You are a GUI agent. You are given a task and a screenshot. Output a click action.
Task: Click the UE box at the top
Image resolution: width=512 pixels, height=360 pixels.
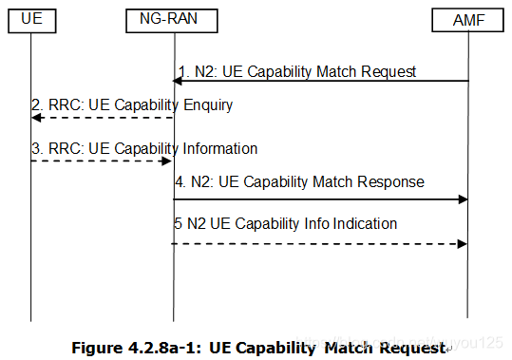click(31, 17)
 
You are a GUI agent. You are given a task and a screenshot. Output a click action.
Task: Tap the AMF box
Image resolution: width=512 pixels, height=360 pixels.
click(469, 17)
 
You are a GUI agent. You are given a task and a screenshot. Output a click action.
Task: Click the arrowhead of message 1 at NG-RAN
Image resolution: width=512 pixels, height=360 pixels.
click(179, 82)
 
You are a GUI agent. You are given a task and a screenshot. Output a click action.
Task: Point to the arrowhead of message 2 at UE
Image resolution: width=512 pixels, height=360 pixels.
click(35, 117)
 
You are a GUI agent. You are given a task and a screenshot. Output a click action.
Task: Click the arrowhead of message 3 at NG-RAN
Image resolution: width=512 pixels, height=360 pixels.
click(168, 161)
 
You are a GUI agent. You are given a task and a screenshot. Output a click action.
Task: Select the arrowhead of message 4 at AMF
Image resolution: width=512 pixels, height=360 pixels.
click(464, 199)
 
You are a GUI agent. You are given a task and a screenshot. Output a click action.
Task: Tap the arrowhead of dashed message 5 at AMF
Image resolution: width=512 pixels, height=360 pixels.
click(464, 243)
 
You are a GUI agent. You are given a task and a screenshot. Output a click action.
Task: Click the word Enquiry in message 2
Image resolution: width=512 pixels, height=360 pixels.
click(203, 105)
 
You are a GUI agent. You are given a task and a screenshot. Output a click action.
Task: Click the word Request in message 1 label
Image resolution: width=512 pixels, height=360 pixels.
click(389, 71)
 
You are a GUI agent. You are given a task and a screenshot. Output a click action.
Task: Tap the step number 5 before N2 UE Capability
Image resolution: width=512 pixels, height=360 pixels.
click(178, 224)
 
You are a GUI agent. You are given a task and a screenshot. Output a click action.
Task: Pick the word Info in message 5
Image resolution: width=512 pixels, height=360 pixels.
click(319, 224)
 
